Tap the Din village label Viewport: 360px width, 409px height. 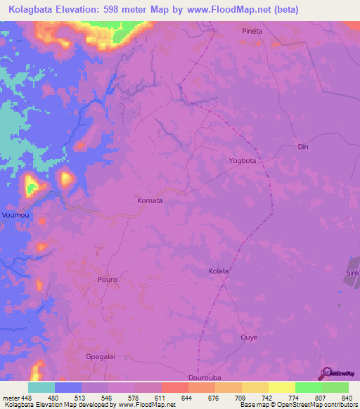[x=303, y=147]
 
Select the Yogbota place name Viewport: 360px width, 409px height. [x=242, y=160]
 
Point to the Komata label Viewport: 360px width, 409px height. [x=150, y=200]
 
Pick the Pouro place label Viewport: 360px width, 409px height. [x=107, y=279]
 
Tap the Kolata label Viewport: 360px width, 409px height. [x=219, y=271]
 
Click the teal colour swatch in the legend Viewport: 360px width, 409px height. [x=41, y=387]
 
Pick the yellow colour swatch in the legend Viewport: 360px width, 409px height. [x=281, y=387]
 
